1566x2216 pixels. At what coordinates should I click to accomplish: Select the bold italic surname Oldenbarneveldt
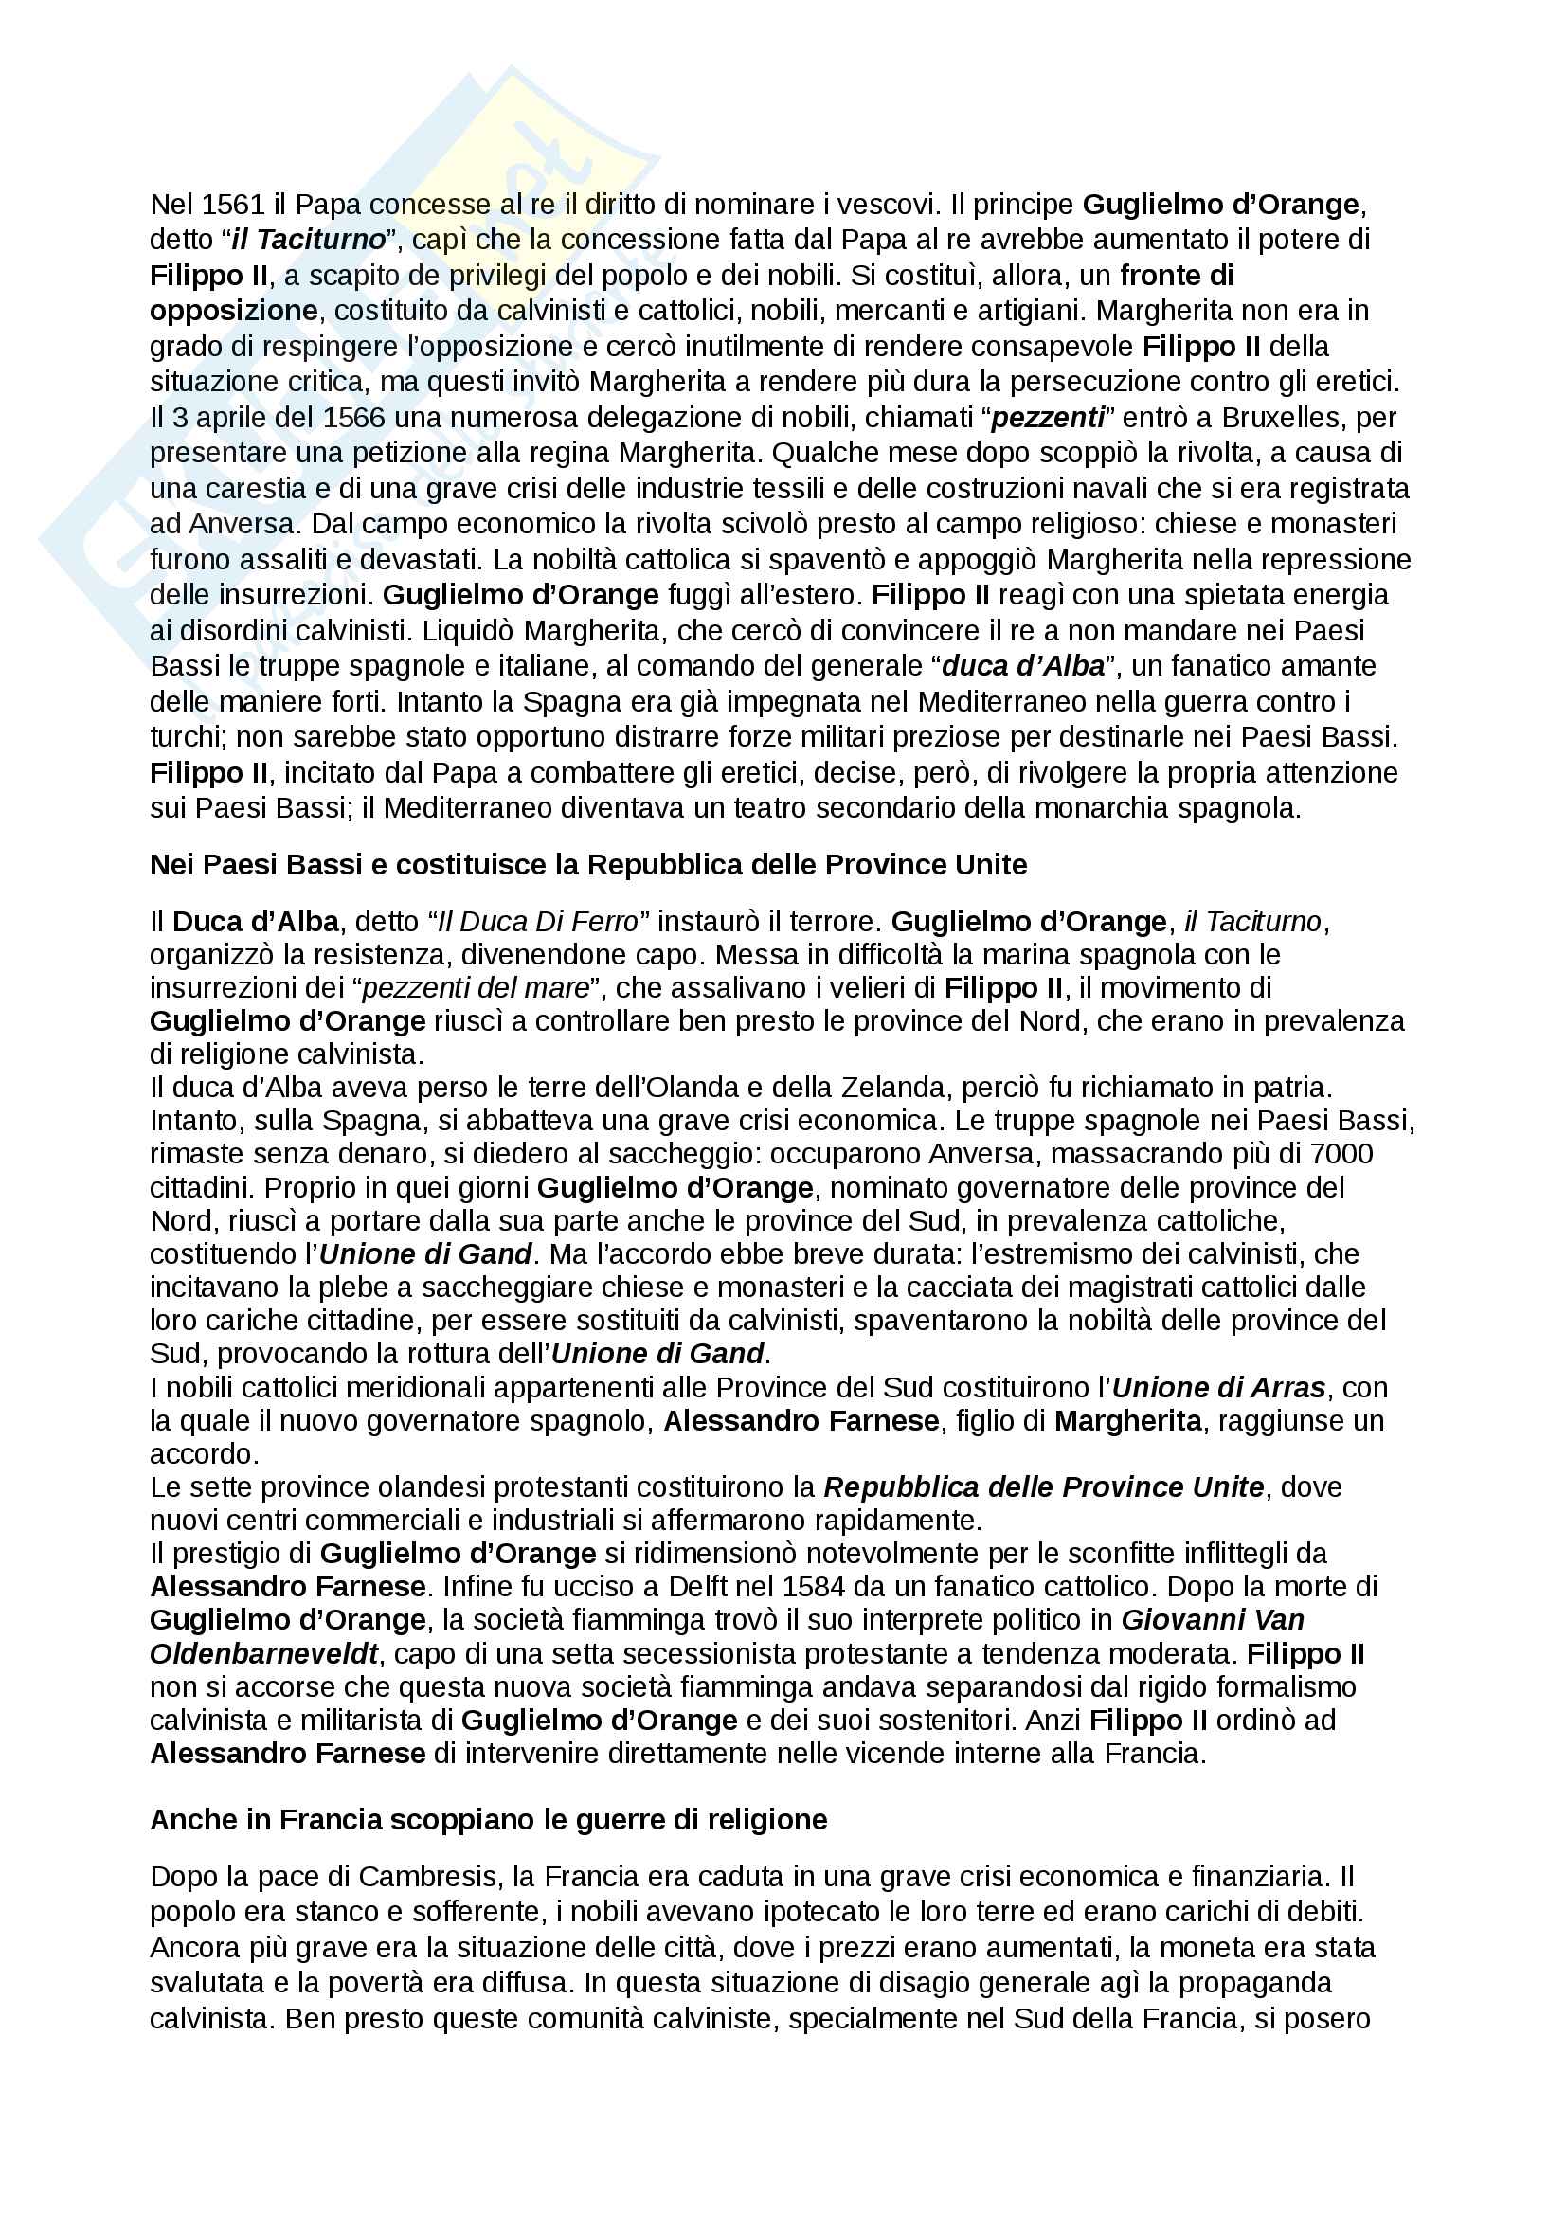point(263,1653)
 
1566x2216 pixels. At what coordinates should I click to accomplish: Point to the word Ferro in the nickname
point(604,922)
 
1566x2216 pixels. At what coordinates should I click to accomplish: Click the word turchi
point(186,737)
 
